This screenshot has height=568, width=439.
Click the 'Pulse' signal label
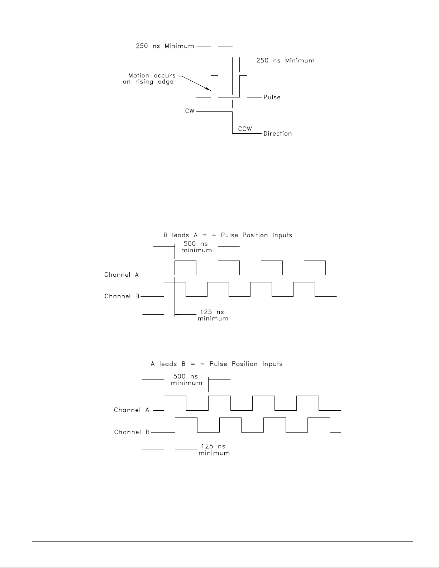click(x=272, y=97)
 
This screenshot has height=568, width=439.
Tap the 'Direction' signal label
click(x=277, y=134)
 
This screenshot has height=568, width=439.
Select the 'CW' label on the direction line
click(x=190, y=111)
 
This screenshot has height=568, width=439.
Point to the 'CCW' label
click(x=245, y=129)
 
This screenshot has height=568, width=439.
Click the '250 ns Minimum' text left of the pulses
click(x=165, y=46)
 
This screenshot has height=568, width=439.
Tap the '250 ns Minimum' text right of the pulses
click(x=285, y=61)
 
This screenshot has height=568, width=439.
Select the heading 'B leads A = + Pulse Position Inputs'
click(x=228, y=235)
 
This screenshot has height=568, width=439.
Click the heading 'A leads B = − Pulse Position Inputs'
click(x=216, y=364)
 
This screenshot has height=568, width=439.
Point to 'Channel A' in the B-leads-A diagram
click(x=121, y=275)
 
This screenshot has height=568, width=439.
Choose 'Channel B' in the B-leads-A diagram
click(x=122, y=296)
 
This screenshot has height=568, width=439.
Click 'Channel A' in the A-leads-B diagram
click(x=132, y=410)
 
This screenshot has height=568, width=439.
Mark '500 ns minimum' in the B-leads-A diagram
click(x=196, y=247)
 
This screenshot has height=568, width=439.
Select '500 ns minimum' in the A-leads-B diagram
click(x=186, y=380)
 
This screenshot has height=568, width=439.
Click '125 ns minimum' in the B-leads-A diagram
click(x=213, y=315)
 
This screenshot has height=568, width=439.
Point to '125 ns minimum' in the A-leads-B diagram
click(x=214, y=450)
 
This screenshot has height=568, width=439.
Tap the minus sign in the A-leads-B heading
click(x=202, y=364)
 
